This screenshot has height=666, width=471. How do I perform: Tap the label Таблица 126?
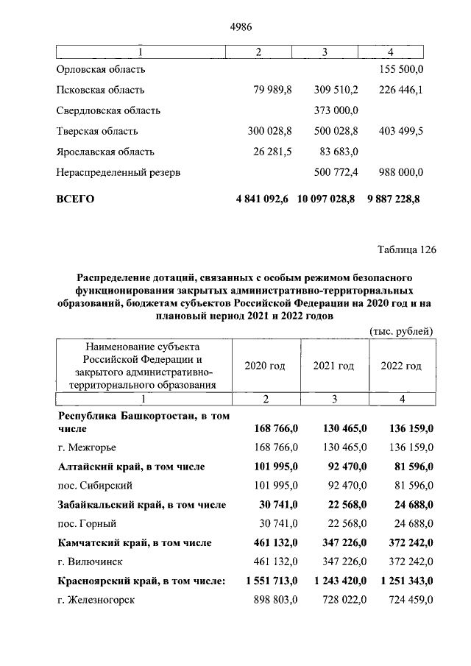pyautogui.click(x=407, y=249)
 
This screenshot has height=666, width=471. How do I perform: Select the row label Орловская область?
pyautogui.click(x=101, y=69)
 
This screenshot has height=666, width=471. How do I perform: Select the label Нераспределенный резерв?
pyautogui.click(x=118, y=172)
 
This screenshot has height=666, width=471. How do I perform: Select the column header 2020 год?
pyautogui.click(x=264, y=366)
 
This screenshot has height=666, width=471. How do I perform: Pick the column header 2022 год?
pyautogui.click(x=400, y=366)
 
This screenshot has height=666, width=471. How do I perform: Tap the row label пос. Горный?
pyautogui.click(x=87, y=523)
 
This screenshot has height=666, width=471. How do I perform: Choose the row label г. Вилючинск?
pyautogui.click(x=92, y=562)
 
